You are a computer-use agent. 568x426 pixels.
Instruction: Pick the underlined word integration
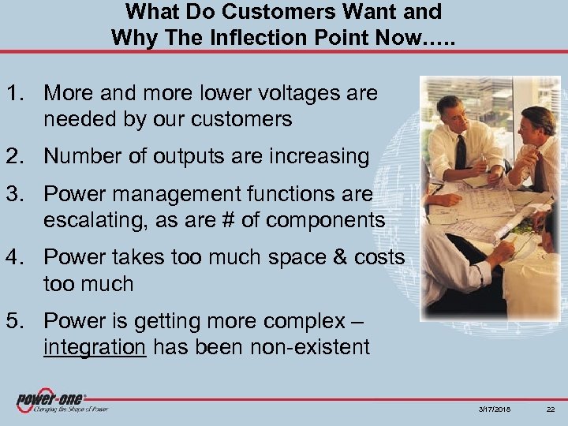(x=95, y=347)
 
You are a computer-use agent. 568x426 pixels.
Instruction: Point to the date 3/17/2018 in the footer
(x=493, y=409)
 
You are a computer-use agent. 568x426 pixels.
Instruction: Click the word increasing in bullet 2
(x=319, y=156)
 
